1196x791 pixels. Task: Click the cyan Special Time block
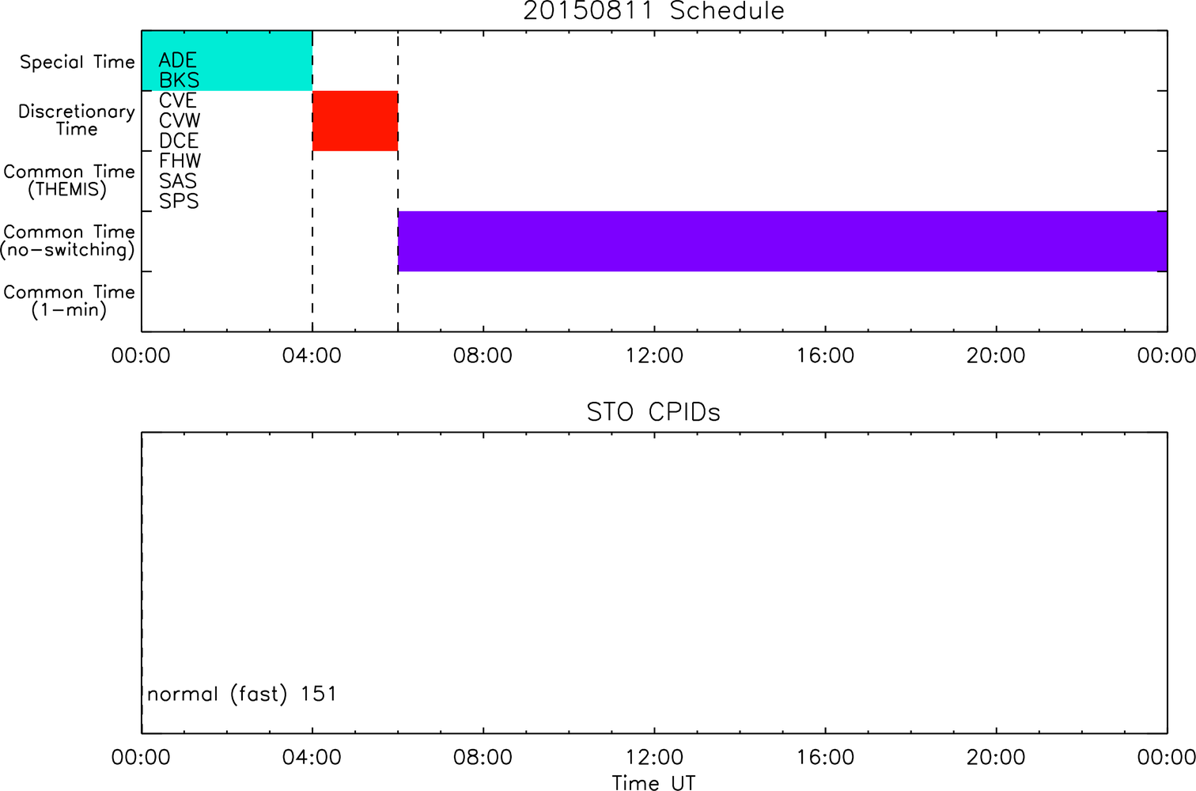pyautogui.click(x=227, y=60)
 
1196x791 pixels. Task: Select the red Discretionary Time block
pyautogui.click(x=355, y=121)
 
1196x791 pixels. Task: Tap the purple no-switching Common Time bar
pyautogui.click(x=783, y=241)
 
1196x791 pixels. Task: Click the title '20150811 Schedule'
pyautogui.click(x=653, y=11)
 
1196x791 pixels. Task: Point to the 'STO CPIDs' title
pyautogui.click(x=653, y=412)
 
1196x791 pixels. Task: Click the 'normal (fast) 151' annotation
pyautogui.click(x=242, y=694)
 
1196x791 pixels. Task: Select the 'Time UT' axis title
pyautogui.click(x=653, y=782)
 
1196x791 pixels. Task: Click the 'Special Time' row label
pyautogui.click(x=78, y=62)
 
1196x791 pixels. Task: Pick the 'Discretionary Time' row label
pyautogui.click(x=77, y=120)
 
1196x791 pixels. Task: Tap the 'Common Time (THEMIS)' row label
pyautogui.click(x=69, y=180)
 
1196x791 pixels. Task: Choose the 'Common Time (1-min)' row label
pyautogui.click(x=69, y=301)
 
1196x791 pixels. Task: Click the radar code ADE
pyautogui.click(x=178, y=60)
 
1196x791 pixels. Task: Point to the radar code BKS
pyautogui.click(x=179, y=80)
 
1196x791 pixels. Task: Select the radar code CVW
pyautogui.click(x=180, y=120)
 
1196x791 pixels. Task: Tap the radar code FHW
pyautogui.click(x=180, y=161)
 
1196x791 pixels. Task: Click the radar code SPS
pyautogui.click(x=179, y=202)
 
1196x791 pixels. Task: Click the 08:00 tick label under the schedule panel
pyautogui.click(x=483, y=356)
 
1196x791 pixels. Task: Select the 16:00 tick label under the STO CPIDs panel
pyautogui.click(x=825, y=757)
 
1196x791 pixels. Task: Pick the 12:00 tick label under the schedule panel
pyautogui.click(x=654, y=356)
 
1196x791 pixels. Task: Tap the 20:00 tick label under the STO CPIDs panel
pyautogui.click(x=996, y=757)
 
